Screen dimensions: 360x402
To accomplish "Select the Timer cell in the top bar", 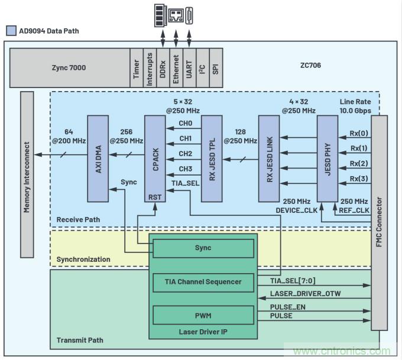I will click(x=136, y=67).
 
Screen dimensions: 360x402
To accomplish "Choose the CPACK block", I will click(x=155, y=158).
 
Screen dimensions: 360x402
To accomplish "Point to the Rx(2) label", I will click(x=359, y=163).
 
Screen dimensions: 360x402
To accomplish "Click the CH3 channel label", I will click(x=185, y=169).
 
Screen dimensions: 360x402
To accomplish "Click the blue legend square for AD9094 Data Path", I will click(x=11, y=30).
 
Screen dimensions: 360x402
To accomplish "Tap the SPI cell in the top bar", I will click(x=215, y=67).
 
